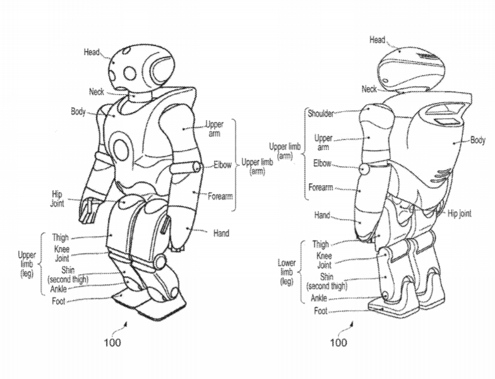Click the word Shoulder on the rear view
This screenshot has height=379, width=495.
[321, 114]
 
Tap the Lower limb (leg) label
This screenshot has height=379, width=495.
[287, 272]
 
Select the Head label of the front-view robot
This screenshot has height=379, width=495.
[92, 52]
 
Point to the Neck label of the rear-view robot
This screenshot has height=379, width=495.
[369, 89]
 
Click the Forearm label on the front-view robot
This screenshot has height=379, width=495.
[220, 196]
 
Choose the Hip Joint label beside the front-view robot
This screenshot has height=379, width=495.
[57, 198]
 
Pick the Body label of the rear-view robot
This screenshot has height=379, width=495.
[477, 140]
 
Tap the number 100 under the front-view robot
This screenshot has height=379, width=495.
[112, 342]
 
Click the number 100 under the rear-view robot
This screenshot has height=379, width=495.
[338, 342]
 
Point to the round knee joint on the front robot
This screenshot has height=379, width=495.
[160, 262]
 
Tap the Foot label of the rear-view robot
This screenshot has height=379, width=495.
[321, 311]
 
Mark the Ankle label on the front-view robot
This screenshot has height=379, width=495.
[58, 289]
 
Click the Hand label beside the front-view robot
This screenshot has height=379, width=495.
[221, 234]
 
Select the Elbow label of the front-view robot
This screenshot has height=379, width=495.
[222, 164]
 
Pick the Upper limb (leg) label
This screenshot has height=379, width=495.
[27, 264]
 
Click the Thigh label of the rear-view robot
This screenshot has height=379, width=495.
[321, 244]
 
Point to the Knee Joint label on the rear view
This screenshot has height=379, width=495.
[325, 260]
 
